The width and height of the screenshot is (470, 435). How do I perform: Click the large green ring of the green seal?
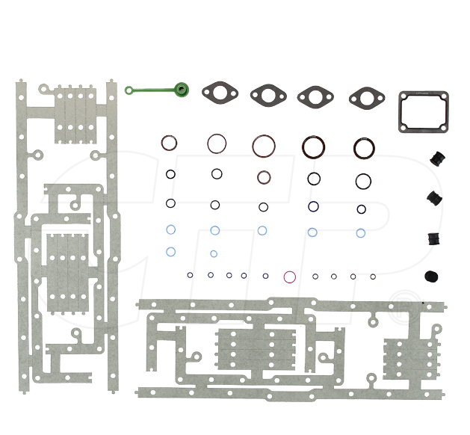pos(182,89)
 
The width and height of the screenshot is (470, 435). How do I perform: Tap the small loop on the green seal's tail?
pos(129,91)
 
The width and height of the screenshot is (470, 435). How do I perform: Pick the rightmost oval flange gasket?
pos(367,96)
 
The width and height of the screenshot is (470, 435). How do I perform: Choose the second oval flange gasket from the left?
pos(268,93)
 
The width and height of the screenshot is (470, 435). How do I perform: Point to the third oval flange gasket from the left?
pos(315,95)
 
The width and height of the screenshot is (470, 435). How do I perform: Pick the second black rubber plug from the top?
pos(433,198)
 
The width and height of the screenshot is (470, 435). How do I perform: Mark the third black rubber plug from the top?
pos(433,238)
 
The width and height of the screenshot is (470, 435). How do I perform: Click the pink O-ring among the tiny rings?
pos(290,277)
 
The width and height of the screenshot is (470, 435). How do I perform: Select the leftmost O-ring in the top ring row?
pos(170,142)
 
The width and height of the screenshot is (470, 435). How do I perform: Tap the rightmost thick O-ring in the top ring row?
pos(364,146)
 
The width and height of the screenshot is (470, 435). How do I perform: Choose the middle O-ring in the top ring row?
pos(263,145)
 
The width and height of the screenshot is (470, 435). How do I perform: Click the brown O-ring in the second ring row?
pos(264,177)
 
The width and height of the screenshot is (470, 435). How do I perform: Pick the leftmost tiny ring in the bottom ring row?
pos(191,275)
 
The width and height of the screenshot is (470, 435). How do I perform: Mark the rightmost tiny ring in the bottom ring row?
pos(373,277)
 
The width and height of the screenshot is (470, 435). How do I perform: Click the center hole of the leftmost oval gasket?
pos(220,93)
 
